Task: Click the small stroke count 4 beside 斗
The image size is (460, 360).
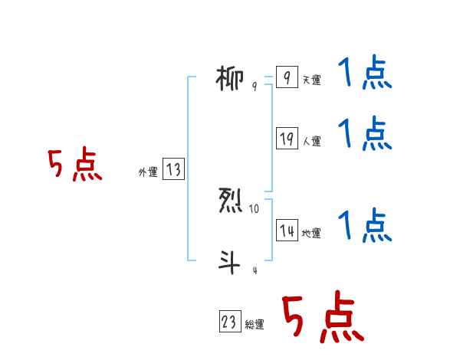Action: click(255, 270)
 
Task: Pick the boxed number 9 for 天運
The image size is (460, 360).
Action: click(286, 78)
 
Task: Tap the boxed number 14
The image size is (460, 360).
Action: click(287, 231)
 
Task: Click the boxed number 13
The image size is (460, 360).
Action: click(173, 170)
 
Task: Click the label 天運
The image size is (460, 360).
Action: click(311, 80)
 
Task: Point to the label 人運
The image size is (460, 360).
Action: click(311, 141)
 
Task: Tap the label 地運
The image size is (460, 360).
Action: click(311, 234)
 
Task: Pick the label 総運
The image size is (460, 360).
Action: click(255, 325)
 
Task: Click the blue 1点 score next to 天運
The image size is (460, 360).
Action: click(365, 75)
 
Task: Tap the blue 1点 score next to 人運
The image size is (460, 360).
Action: click(365, 134)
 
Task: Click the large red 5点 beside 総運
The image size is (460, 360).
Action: click(322, 318)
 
